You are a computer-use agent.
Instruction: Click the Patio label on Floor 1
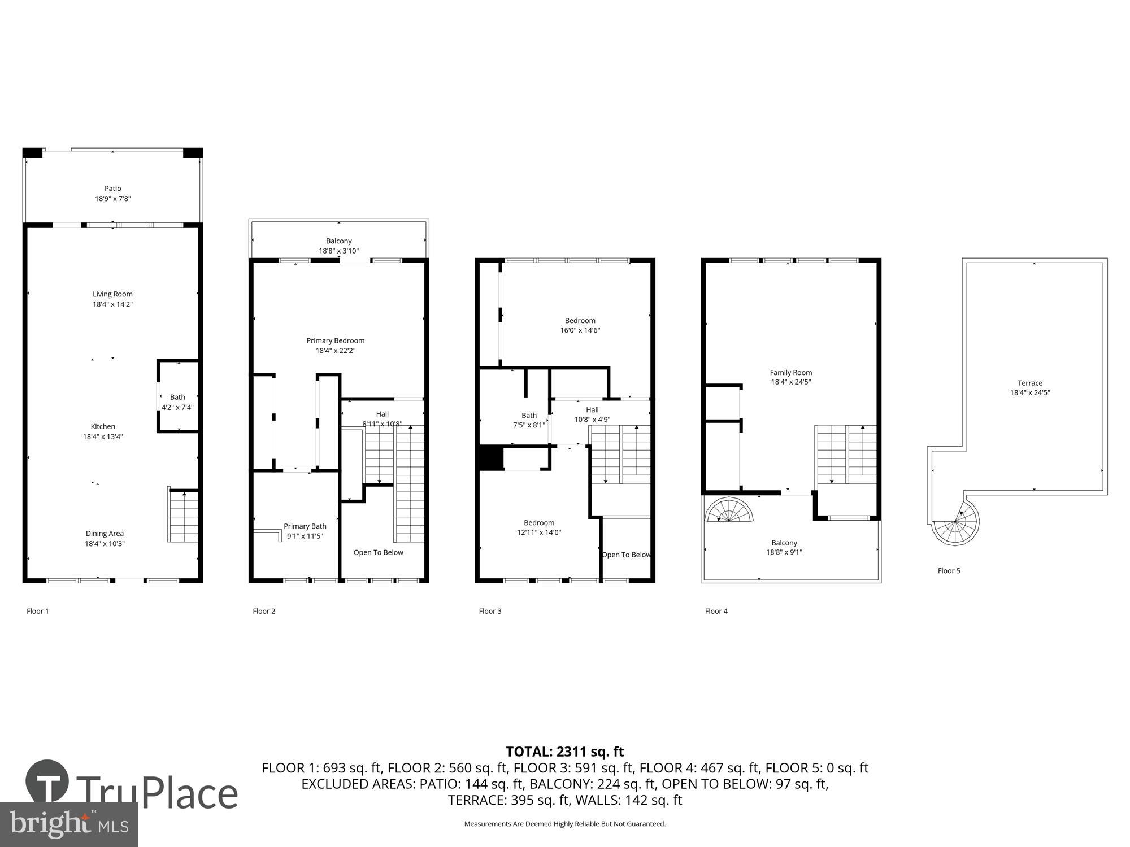point(112,189)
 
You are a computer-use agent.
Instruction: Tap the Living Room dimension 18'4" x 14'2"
point(112,304)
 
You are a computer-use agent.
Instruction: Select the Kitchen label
point(103,426)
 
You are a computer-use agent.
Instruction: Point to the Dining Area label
point(105,534)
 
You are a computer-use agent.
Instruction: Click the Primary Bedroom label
point(335,340)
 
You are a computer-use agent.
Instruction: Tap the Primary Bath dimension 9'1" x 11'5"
point(305,536)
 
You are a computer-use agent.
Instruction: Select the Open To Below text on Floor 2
point(378,552)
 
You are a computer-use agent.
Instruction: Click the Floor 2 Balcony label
point(338,241)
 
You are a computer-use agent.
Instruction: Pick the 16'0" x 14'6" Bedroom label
point(580,321)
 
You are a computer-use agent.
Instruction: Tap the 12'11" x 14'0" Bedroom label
point(539,523)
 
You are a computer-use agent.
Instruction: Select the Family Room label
point(790,373)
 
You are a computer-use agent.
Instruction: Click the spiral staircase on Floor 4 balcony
point(729,510)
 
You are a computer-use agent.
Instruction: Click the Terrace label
point(1029,383)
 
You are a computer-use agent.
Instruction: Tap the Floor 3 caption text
point(490,611)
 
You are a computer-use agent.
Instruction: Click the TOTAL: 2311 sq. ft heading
point(564,752)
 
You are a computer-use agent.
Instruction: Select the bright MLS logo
point(68,824)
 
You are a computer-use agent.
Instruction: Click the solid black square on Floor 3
point(490,457)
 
